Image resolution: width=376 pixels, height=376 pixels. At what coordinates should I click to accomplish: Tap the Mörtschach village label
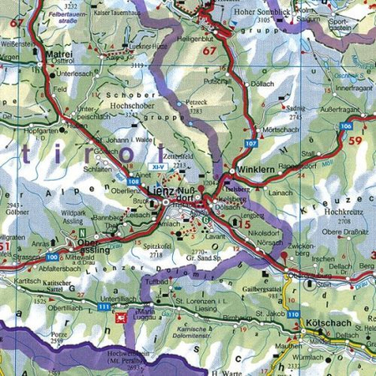click(x=279, y=131)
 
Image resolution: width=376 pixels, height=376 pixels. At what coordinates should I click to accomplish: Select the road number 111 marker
click(x=104, y=307)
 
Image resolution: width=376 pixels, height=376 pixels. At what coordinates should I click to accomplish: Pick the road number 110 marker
click(x=294, y=314)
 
